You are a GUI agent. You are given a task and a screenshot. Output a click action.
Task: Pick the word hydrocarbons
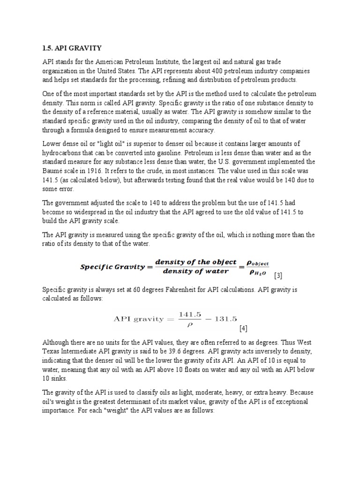(x=62, y=153)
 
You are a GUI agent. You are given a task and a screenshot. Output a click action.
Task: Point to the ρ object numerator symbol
(x=256, y=263)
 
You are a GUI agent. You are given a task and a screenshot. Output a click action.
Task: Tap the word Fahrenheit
(x=171, y=290)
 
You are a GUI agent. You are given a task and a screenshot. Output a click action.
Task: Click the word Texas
(x=52, y=352)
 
